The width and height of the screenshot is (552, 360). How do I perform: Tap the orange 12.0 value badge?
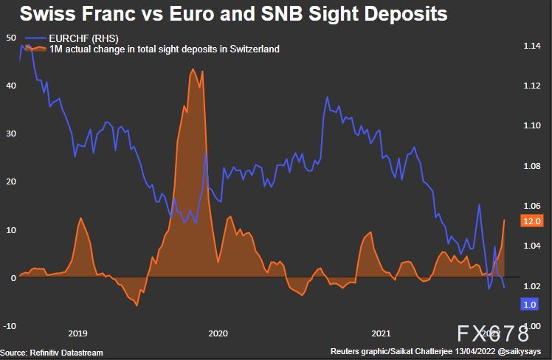click(x=531, y=221)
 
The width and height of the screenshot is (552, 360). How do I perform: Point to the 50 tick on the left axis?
click(x=10, y=37)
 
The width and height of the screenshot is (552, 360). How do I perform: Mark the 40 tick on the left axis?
click(x=10, y=86)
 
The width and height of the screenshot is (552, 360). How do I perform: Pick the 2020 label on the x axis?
click(x=217, y=333)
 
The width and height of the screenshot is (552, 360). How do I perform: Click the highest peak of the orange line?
click(x=193, y=69)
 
